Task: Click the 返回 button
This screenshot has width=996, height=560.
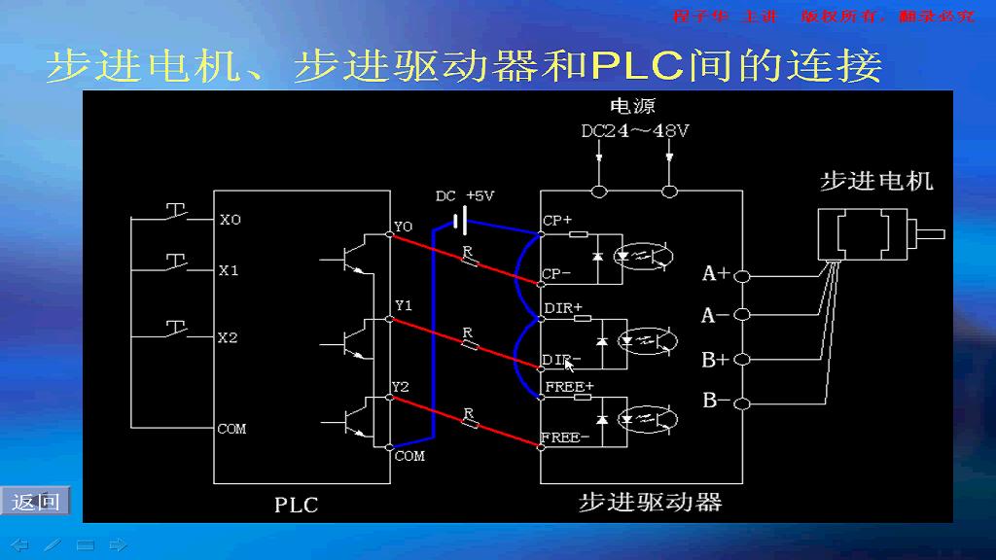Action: [35, 502]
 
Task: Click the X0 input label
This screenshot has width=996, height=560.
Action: [230, 221]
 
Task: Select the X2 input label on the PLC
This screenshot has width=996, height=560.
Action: [228, 338]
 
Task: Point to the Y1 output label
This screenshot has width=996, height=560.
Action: [403, 305]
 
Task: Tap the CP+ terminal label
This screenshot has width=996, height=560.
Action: [557, 221]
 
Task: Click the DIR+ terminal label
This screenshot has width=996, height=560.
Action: [563, 308]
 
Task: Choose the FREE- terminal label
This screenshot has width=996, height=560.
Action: [565, 437]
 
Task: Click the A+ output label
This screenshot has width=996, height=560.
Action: [716, 274]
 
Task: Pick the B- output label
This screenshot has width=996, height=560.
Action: [716, 401]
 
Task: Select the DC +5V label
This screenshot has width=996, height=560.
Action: [464, 196]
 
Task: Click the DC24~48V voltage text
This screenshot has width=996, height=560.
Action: [635, 131]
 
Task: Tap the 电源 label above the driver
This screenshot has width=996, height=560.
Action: [632, 106]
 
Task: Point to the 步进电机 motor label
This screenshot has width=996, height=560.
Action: [876, 181]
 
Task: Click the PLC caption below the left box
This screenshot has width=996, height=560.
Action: [296, 505]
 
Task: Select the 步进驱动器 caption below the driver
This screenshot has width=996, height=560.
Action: [650, 503]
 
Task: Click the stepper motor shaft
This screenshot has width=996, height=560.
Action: [931, 233]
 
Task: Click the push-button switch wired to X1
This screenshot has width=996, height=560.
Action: [176, 262]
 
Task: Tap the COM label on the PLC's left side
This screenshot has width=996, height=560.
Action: [231, 429]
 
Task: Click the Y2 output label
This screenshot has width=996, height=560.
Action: [401, 387]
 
